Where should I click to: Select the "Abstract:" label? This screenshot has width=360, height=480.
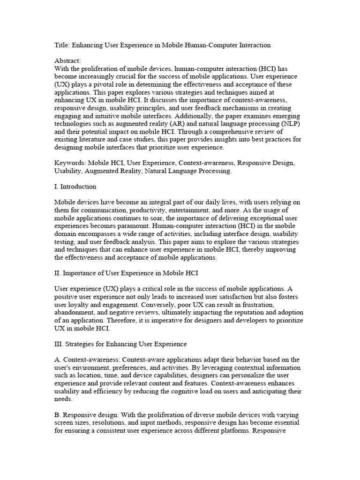pos(67,60)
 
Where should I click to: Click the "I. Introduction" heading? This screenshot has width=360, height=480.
pos(75,187)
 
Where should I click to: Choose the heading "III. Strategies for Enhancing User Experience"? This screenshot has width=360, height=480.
pos(120,345)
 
